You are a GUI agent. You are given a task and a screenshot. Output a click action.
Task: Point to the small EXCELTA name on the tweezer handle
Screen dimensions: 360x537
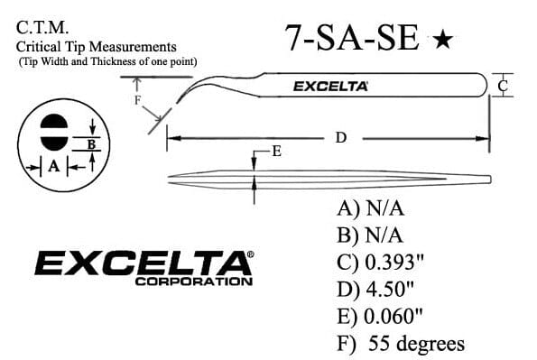click(x=330, y=87)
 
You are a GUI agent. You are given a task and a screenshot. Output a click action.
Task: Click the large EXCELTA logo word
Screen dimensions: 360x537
click(x=141, y=263)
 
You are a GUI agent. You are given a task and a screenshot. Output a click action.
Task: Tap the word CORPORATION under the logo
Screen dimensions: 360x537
click(x=193, y=282)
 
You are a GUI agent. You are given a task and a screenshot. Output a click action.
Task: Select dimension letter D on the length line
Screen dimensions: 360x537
click(x=341, y=138)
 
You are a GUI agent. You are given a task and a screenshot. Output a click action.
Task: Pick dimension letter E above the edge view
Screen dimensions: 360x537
click(x=276, y=152)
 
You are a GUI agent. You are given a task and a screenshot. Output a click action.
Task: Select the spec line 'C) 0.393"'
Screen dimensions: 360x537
click(x=380, y=263)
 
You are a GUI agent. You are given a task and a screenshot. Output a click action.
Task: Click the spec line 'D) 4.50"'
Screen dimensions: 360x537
click(x=375, y=290)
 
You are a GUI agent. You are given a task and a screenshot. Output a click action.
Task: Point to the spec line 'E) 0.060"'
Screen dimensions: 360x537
click(x=379, y=317)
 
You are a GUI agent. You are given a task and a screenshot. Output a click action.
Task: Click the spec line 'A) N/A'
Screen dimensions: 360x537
click(x=367, y=208)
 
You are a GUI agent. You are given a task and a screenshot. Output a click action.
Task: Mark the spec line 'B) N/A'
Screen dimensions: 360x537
click(x=367, y=235)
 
